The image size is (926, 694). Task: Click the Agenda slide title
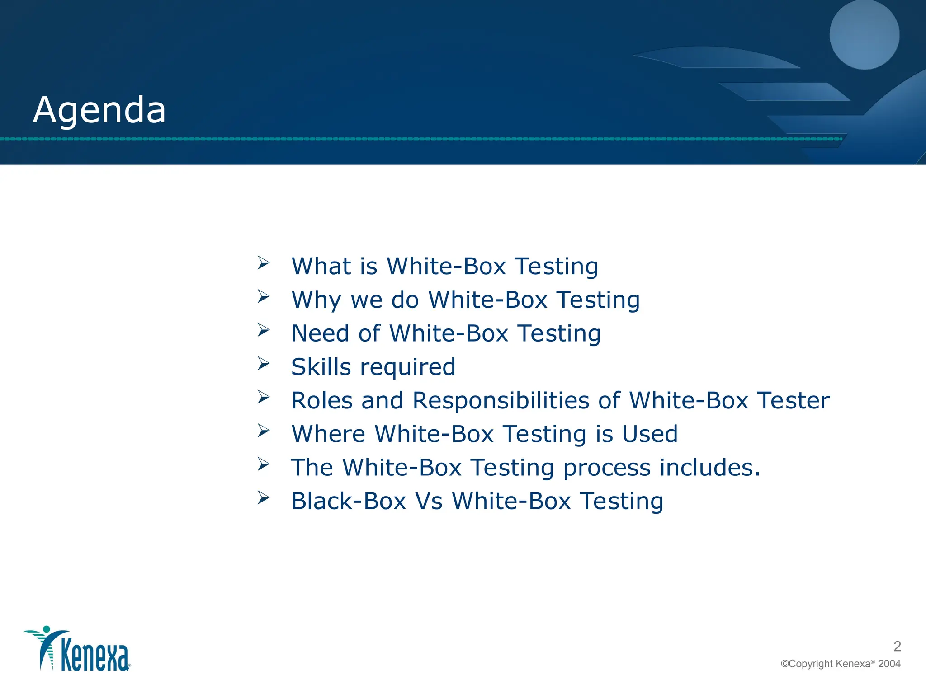[99, 111]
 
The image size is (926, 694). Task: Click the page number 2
[897, 647]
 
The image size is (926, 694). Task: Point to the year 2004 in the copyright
[889, 664]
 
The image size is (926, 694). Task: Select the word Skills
[321, 367]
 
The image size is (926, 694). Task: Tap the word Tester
[794, 401]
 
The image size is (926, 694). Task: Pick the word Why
[317, 300]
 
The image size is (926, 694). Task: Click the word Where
[328, 434]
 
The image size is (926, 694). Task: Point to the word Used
[650, 434]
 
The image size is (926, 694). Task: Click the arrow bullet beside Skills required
[264, 363]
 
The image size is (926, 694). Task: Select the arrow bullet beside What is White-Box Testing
[264, 263]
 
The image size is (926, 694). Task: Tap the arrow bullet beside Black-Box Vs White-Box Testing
[264, 497]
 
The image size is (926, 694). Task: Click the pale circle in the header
[864, 35]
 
